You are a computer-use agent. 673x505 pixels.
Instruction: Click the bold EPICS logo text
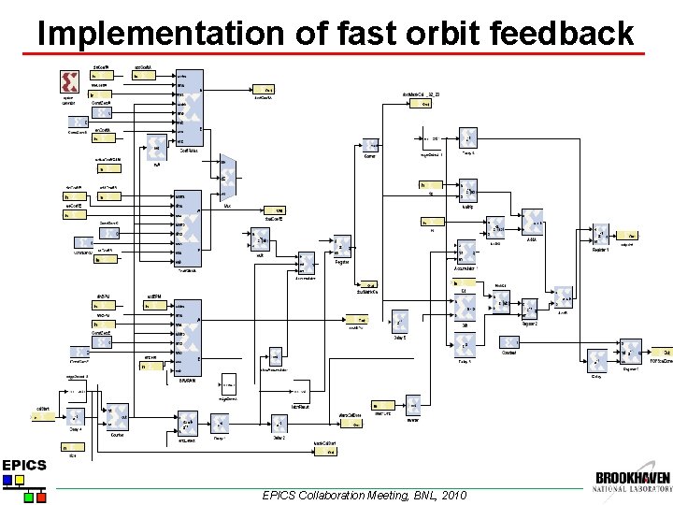pos(23,465)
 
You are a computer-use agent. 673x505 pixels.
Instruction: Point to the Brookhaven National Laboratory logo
pos(632,481)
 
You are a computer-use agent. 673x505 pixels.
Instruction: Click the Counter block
pos(118,417)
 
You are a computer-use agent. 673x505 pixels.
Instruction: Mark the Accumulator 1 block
pos(465,255)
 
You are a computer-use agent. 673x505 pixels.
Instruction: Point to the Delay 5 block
pos(399,323)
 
